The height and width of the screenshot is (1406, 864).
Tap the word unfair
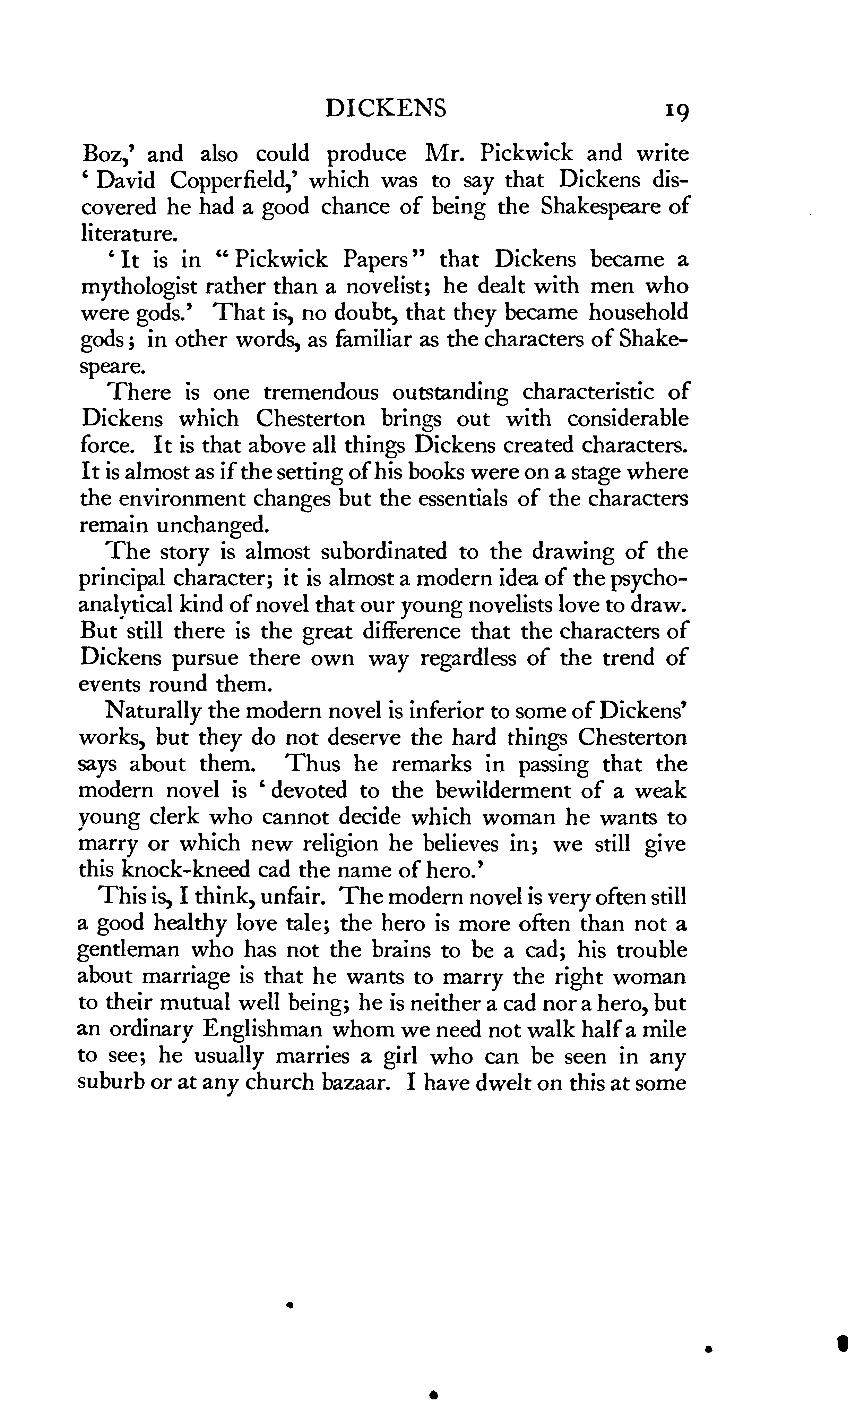click(293, 897)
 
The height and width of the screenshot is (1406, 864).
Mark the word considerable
click(628, 419)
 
